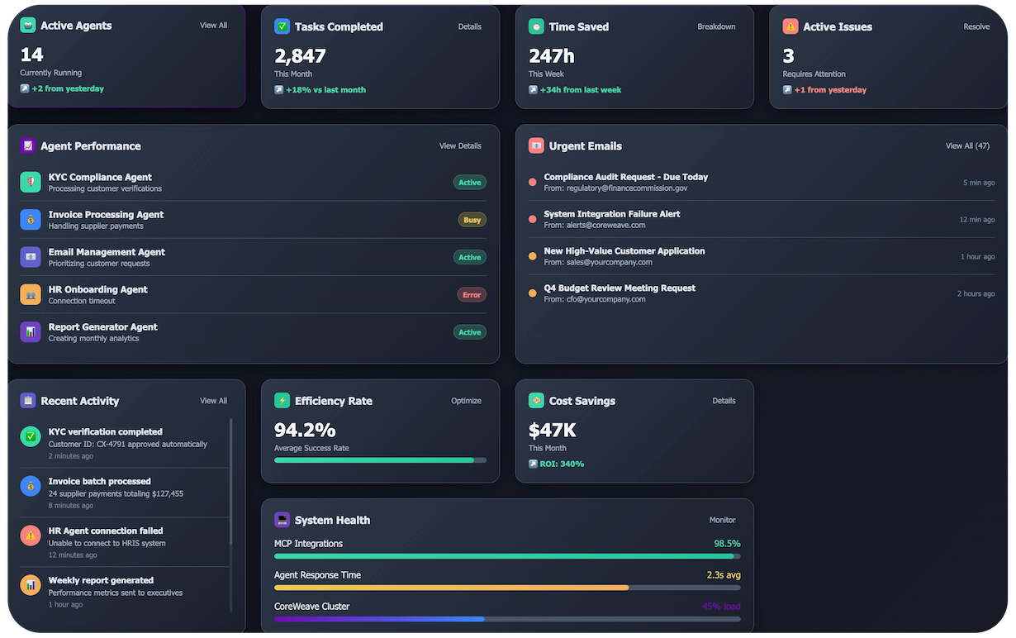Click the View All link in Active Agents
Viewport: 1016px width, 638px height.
[x=213, y=26]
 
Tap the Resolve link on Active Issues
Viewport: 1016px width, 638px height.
[x=976, y=26]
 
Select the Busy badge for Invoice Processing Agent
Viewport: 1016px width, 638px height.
[x=472, y=220]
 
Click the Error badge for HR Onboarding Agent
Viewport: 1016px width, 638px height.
[x=472, y=295]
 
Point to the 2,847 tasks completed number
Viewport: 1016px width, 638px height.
[x=300, y=56]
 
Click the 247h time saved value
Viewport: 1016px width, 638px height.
[x=552, y=56]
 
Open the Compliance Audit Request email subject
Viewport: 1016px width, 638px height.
[x=625, y=177]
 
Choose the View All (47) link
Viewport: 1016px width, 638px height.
[x=967, y=146]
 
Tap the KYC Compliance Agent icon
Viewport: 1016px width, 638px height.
[x=31, y=183]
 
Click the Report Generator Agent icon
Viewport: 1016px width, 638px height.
[x=31, y=332]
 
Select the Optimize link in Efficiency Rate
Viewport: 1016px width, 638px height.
[x=466, y=401]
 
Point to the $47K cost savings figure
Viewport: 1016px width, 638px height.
[x=552, y=431]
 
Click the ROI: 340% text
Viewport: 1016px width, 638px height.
[x=562, y=464]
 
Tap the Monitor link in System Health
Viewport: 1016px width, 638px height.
[x=722, y=521]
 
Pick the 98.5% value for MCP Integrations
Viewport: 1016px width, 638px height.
[x=727, y=544]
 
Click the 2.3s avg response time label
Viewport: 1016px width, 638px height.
[x=723, y=575]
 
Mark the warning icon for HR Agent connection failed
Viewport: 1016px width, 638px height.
[x=31, y=536]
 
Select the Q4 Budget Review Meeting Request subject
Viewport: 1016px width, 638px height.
[x=620, y=288]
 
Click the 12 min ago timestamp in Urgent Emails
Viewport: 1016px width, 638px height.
[x=976, y=220]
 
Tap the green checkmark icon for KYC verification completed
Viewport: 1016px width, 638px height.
[x=31, y=436]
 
